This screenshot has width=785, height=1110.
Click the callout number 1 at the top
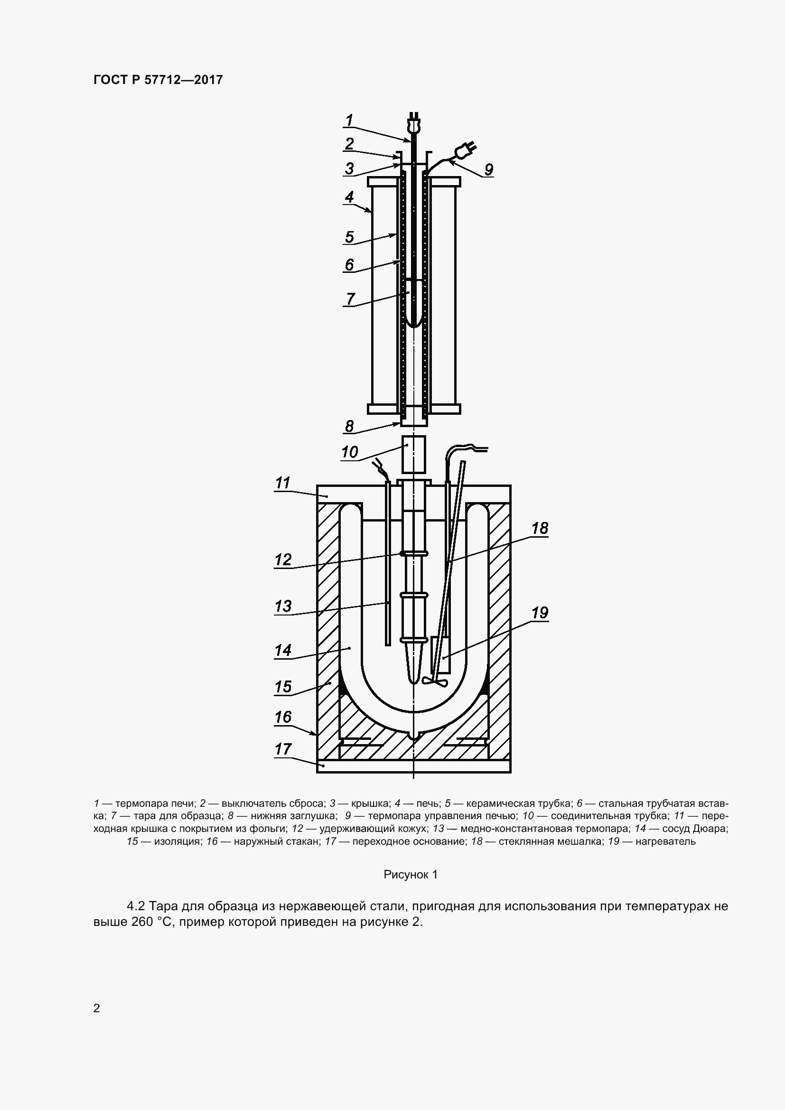[x=349, y=120]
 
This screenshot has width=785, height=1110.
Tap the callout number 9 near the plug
[x=488, y=170]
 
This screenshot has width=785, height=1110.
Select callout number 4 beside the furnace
[x=349, y=197]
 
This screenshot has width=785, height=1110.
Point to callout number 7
[x=350, y=298]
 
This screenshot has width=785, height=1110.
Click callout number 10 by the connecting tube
[x=349, y=452]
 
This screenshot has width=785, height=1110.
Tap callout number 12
[x=283, y=560]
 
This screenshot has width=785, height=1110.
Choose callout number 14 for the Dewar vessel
[x=283, y=650]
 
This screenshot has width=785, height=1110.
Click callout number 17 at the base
[x=283, y=749]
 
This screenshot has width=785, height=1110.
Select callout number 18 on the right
[x=540, y=528]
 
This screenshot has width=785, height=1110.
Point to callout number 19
[x=540, y=613]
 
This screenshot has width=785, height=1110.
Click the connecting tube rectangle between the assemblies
[x=414, y=455]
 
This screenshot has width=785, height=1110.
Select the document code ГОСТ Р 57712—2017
[x=158, y=80]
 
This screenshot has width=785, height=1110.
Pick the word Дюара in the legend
[x=711, y=829]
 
